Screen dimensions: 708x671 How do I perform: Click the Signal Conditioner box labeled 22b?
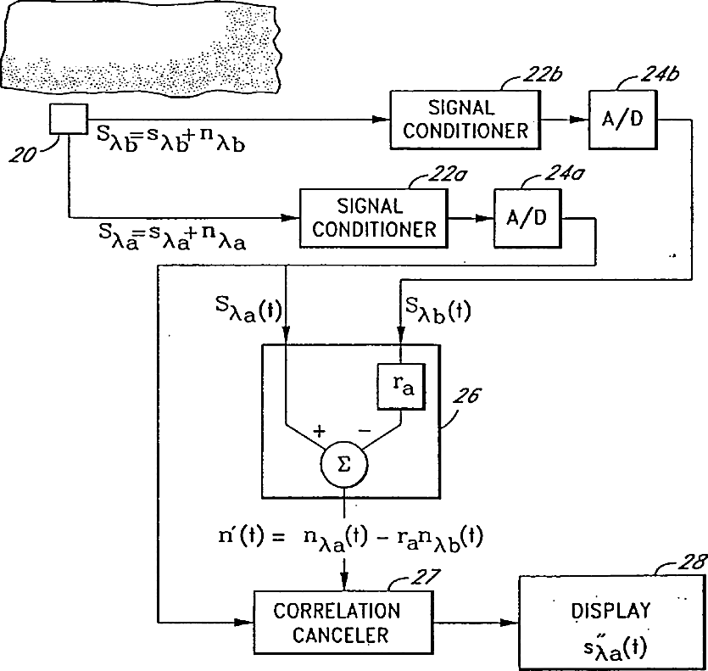click(x=465, y=120)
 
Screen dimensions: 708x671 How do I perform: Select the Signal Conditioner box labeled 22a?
click(x=374, y=218)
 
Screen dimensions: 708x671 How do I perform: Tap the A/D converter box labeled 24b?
click(x=622, y=120)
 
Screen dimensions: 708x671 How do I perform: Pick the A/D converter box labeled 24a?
click(x=527, y=218)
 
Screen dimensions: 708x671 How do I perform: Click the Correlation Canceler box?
click(x=343, y=623)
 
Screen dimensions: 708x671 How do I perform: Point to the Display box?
click(x=612, y=622)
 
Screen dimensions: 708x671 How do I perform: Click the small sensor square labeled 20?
click(x=69, y=120)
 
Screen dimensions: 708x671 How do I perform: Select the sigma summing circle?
click(x=344, y=465)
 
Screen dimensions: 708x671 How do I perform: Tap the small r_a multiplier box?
click(x=401, y=387)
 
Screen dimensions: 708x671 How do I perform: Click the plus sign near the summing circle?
click(x=319, y=431)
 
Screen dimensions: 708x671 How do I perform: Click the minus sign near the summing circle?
click(x=365, y=431)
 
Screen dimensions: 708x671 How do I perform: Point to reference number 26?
click(x=466, y=395)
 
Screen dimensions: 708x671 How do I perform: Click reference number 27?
click(x=425, y=576)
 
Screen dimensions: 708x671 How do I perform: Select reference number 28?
click(x=691, y=562)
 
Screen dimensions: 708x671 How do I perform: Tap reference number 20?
click(x=23, y=155)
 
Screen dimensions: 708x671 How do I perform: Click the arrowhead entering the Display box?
click(x=511, y=623)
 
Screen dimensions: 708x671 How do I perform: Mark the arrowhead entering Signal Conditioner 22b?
click(x=382, y=120)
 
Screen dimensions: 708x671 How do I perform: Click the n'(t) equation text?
click(x=350, y=539)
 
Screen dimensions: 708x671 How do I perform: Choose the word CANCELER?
click(x=340, y=635)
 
